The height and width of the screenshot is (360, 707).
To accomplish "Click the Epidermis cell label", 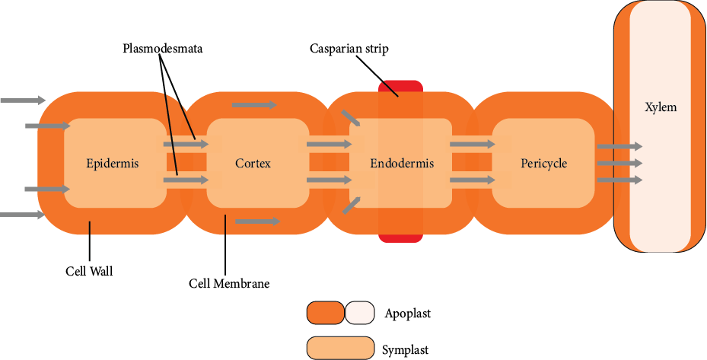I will (x=113, y=163).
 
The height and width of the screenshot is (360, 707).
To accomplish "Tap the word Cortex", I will (x=253, y=163).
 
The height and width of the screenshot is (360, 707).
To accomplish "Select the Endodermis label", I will (x=396, y=163).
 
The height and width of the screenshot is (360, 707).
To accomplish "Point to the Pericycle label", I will (x=543, y=163).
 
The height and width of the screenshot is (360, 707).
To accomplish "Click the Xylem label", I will (x=660, y=107).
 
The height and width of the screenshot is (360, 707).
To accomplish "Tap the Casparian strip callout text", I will (x=349, y=49).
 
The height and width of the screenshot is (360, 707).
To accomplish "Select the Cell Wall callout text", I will (x=88, y=271).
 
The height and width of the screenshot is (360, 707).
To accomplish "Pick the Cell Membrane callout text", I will (x=229, y=284).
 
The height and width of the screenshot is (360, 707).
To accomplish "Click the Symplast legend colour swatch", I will (x=340, y=348).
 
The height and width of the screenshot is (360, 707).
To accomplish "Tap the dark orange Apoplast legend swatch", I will (x=325, y=312).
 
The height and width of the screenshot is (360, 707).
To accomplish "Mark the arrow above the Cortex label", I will (x=254, y=104).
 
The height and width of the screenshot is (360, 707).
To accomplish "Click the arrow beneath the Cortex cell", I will (x=258, y=221).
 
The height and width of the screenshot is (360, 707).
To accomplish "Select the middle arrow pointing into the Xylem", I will (x=619, y=163).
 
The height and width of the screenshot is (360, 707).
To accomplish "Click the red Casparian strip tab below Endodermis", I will (x=400, y=237).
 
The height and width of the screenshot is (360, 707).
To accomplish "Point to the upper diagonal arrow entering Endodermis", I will (x=350, y=117).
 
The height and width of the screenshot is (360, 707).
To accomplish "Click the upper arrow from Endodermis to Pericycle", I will (x=473, y=143).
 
